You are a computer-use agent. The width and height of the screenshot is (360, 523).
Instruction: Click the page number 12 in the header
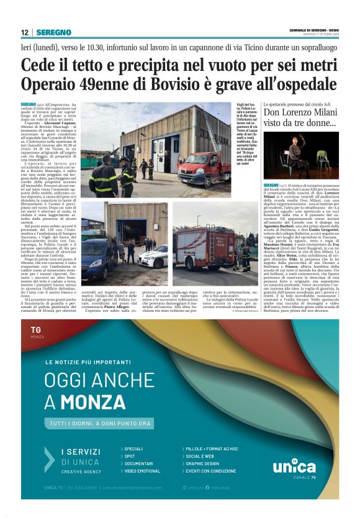click(x=24, y=32)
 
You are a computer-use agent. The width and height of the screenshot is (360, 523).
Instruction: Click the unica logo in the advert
click(x=294, y=465)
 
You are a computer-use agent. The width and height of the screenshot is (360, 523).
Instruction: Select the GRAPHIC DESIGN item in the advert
click(x=202, y=463)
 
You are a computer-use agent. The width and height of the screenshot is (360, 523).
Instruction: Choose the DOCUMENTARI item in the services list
click(x=138, y=463)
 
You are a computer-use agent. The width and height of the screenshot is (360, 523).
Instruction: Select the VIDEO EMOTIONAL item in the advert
click(x=142, y=471)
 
